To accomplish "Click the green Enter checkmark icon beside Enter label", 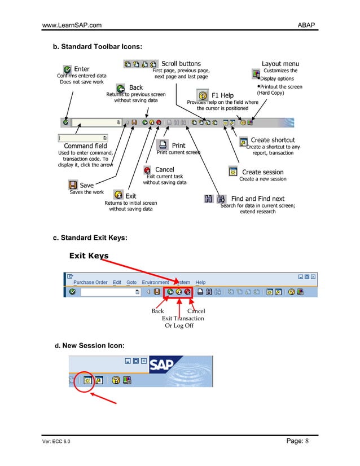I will [x=67, y=69].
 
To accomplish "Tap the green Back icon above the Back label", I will [x=121, y=88].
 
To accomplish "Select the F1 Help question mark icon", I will [x=203, y=95].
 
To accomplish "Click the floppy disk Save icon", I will [x=73, y=184].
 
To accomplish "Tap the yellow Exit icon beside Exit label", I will [x=118, y=196].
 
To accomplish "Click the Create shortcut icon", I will [x=243, y=141].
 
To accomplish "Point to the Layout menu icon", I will [x=256, y=74].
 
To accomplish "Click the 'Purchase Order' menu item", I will [x=90, y=282].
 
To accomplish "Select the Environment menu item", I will [x=155, y=282].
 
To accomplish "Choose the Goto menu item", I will [x=131, y=282].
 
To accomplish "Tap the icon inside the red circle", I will [x=87, y=380].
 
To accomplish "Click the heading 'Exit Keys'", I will [x=89, y=256].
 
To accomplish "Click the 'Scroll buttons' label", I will [x=181, y=64].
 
